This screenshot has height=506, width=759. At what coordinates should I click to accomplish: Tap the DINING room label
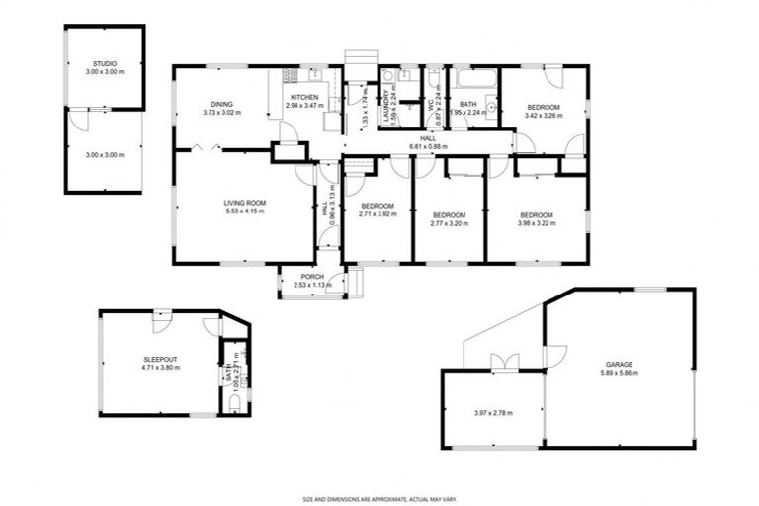(220, 105)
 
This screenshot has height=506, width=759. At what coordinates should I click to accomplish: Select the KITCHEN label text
(302, 97)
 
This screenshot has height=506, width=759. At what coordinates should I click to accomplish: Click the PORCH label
(312, 276)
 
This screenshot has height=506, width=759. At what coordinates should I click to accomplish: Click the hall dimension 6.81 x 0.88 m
(427, 146)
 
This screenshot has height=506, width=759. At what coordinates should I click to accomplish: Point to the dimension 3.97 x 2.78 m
(492, 412)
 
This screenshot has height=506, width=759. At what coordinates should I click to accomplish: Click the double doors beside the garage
(505, 363)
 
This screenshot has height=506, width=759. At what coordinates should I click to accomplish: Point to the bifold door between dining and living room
(207, 147)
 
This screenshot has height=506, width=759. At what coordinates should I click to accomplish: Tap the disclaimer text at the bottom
(379, 499)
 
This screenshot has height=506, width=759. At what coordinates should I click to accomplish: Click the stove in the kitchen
(290, 75)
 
